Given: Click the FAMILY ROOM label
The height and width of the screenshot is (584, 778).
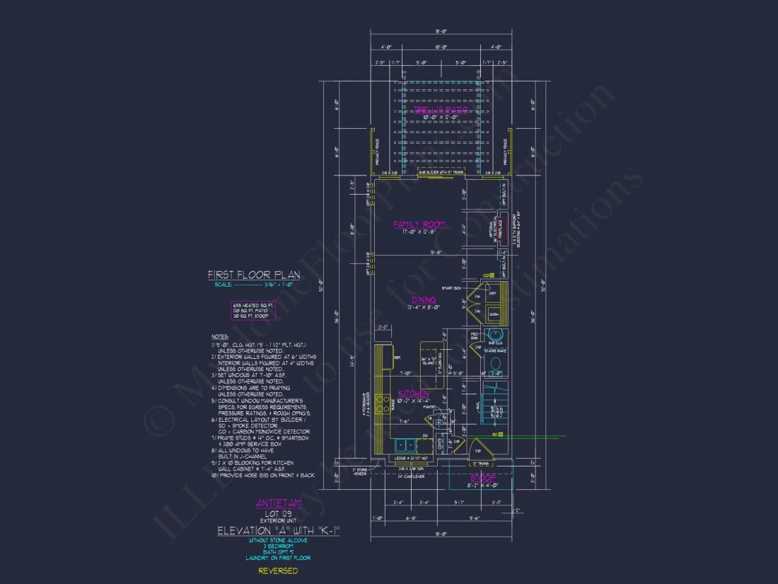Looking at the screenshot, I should (x=419, y=224).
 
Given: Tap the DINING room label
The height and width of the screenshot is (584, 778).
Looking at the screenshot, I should (x=424, y=300).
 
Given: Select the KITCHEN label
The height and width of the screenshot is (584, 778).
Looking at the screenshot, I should (x=413, y=393).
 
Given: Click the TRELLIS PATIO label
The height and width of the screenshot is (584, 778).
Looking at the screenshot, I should (x=436, y=110).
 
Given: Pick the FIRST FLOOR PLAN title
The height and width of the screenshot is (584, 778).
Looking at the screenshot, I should (x=253, y=275).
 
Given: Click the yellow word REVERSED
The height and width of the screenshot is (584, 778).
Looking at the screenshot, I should (x=278, y=571).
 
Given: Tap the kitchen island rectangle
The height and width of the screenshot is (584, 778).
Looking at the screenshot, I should (x=431, y=365).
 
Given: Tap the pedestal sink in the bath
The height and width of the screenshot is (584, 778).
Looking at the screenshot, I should (x=495, y=336).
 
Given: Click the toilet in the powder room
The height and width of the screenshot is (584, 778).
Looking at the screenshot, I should (x=496, y=365).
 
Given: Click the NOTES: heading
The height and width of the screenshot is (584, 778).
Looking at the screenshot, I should (x=220, y=336).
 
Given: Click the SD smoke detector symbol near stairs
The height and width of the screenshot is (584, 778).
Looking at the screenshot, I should (x=499, y=435).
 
